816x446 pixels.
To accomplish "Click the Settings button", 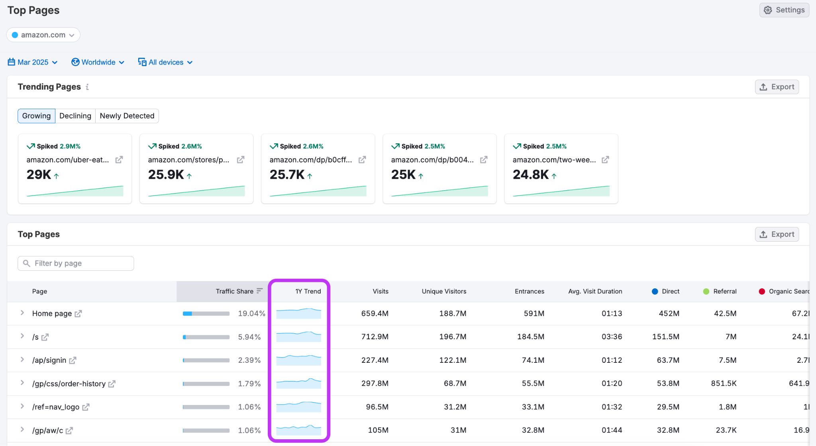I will [784, 10].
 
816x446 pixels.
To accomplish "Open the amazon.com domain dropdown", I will [43, 35].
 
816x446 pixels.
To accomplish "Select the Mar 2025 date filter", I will [33, 62].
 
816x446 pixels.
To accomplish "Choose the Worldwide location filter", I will [98, 62].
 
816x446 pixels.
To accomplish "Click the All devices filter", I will [165, 62].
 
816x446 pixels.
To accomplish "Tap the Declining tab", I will [75, 116].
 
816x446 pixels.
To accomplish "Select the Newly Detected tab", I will [127, 116].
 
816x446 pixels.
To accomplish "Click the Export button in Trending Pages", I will [777, 87].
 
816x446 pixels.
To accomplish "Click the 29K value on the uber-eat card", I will [39, 174].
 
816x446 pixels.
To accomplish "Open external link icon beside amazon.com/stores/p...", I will [241, 160].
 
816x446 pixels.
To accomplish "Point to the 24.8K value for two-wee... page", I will [531, 174].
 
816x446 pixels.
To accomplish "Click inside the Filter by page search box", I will [76, 263].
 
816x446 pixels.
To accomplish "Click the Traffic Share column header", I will [235, 291].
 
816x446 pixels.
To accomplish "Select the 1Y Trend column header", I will [308, 291].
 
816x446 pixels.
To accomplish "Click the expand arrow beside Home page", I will [22, 313].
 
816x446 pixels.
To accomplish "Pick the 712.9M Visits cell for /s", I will [375, 337].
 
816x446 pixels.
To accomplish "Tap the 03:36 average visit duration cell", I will [612, 337].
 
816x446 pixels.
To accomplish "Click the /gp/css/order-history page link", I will [69, 384].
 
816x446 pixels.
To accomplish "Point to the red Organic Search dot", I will [762, 291].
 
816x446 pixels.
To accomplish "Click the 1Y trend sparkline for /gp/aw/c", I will [298, 430].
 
